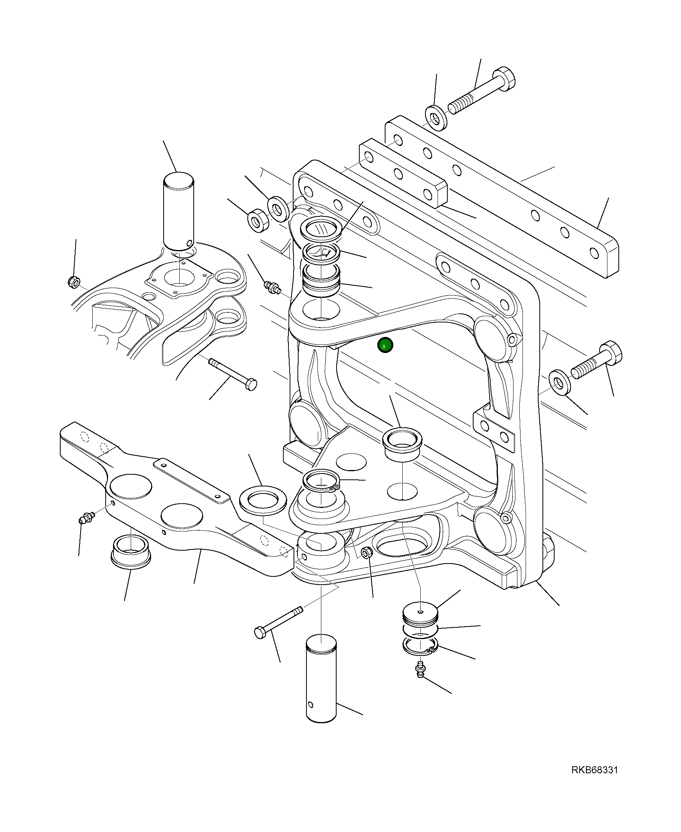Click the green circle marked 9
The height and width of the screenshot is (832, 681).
[385, 346]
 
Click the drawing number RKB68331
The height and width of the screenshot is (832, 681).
[594, 781]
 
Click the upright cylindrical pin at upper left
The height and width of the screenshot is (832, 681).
[178, 211]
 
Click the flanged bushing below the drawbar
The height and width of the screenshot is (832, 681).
[131, 553]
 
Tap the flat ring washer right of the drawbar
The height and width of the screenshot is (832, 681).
[262, 499]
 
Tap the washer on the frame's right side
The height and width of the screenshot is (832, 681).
[560, 382]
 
